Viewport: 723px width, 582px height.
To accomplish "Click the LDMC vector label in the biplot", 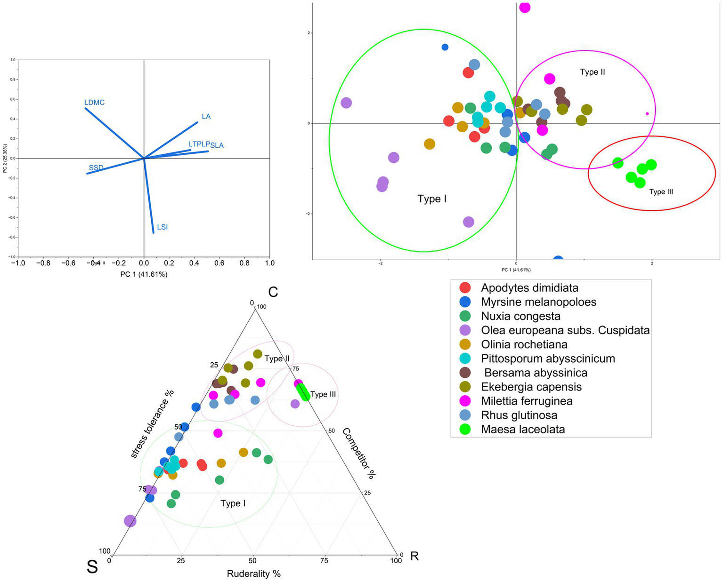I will pyautogui.click(x=94, y=103).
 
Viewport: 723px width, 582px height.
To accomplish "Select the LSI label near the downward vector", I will pyautogui.click(x=162, y=227).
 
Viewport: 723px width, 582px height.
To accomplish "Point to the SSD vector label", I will pyautogui.click(x=96, y=168).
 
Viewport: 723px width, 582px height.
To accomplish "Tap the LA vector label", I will pyautogui.click(x=206, y=116).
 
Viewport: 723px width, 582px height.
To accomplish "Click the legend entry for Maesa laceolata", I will pyautogui.click(x=523, y=430).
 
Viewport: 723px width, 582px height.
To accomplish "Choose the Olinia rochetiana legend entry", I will pyautogui.click(x=524, y=344).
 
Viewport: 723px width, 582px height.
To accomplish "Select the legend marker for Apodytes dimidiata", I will pyautogui.click(x=465, y=288).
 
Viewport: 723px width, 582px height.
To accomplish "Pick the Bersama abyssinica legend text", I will pyautogui.click(x=536, y=373).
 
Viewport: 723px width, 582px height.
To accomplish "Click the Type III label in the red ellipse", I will pyautogui.click(x=661, y=192).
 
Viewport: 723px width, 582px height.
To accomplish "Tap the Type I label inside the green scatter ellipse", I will pyautogui.click(x=431, y=199).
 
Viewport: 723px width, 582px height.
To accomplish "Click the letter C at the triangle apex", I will pyautogui.click(x=273, y=292).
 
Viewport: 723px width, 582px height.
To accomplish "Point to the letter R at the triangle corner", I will pyautogui.click(x=414, y=556).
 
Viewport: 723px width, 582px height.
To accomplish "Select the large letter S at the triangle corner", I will pyautogui.click(x=92, y=567).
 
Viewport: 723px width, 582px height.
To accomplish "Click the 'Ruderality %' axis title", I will pyautogui.click(x=253, y=574).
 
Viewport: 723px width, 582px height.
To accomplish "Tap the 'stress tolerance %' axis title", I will pyautogui.click(x=152, y=423).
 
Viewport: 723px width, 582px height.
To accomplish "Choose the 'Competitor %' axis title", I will pyautogui.click(x=358, y=453).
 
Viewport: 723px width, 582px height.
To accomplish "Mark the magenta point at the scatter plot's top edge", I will pyautogui.click(x=524, y=7).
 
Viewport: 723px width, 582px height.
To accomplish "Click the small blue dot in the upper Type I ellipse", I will pyautogui.click(x=445, y=47).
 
